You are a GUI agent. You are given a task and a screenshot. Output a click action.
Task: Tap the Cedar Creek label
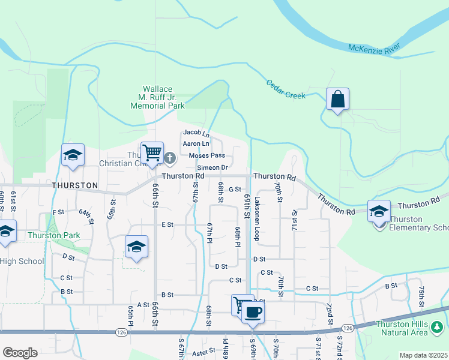[x=286, y=89]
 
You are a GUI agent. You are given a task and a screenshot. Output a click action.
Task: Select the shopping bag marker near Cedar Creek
[x=337, y=99]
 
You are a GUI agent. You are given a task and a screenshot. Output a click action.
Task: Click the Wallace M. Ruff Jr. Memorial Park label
[x=158, y=97]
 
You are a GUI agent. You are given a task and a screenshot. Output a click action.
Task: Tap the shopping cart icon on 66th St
[x=152, y=152]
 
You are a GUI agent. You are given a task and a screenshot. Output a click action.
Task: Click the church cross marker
[x=170, y=158]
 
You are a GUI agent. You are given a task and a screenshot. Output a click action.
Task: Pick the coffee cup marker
[x=253, y=312]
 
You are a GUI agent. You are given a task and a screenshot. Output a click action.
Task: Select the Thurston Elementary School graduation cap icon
[x=379, y=212]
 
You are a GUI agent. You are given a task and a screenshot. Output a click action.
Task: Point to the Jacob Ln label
[x=196, y=133]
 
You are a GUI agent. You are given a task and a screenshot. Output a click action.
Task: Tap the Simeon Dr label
[x=215, y=167]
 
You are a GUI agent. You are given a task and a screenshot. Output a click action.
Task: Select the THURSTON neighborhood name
[x=74, y=185]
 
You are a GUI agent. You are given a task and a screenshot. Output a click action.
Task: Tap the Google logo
[x=20, y=352]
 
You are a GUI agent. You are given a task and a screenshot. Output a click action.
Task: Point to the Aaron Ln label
[x=196, y=144]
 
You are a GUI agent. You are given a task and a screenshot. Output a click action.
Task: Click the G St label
[x=235, y=190]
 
